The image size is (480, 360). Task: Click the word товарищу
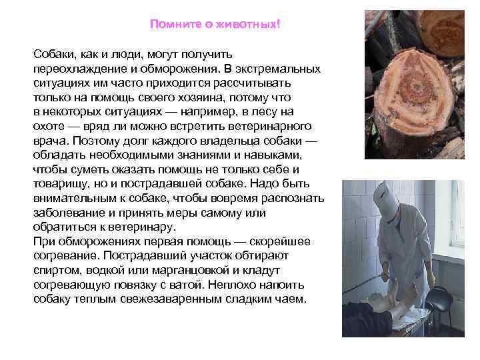tap(60, 184)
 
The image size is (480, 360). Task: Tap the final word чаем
tap(291, 299)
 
